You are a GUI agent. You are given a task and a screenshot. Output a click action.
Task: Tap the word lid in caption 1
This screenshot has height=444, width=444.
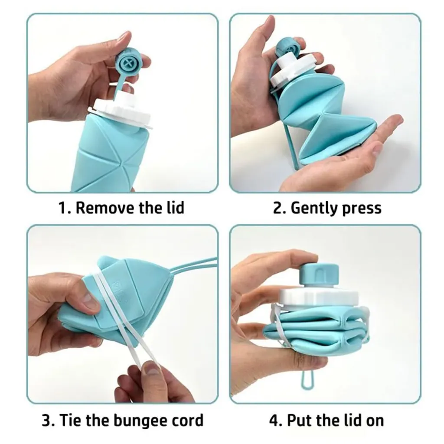click(174, 208)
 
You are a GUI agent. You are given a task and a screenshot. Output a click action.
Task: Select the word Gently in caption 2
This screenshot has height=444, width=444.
click(313, 208)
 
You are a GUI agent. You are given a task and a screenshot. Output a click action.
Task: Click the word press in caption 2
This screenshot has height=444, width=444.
click(361, 209)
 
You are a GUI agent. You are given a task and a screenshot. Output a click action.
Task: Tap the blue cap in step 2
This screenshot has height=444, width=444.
click(287, 46)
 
